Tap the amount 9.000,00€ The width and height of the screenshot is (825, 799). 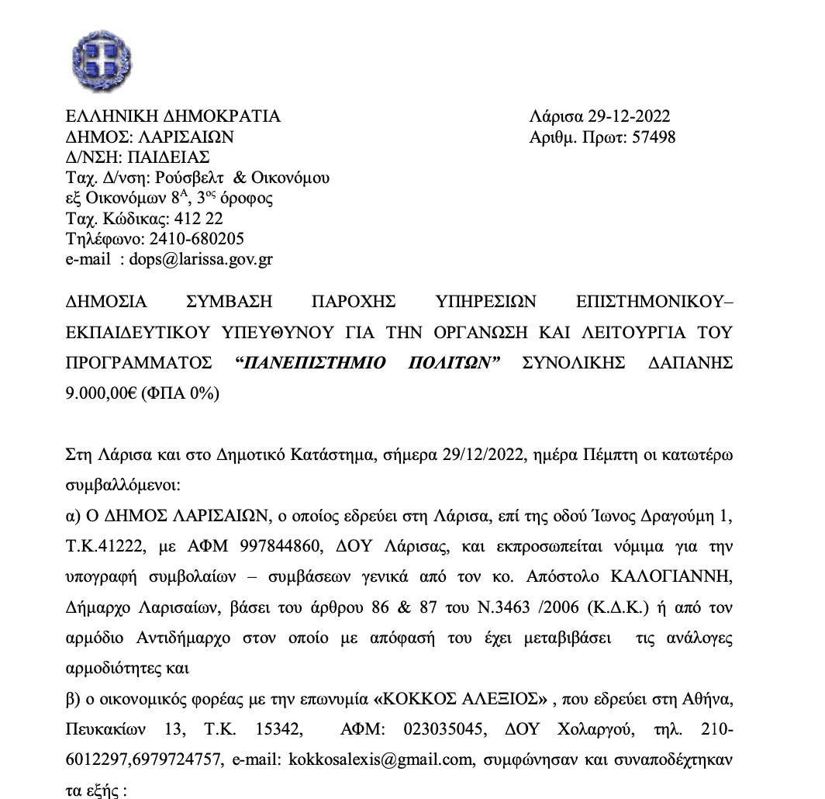coord(102,393)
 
